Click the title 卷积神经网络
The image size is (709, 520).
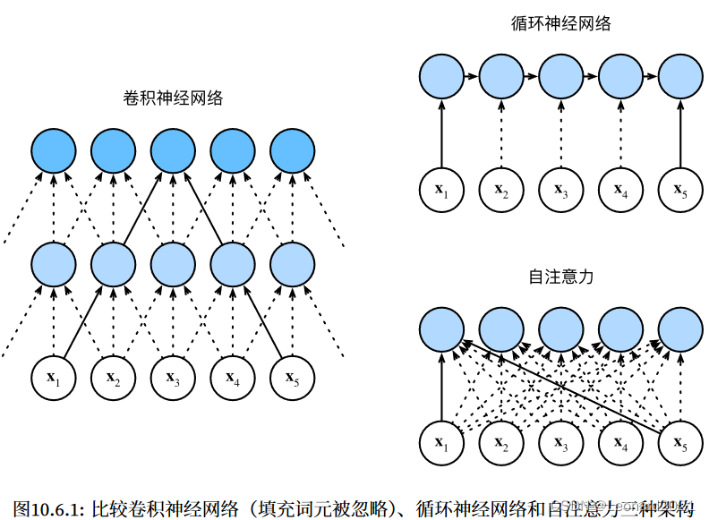pos(174,98)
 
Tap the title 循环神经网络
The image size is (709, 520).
pos(561,24)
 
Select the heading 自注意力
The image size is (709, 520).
pos(561,277)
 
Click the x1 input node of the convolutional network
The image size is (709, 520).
pos(54,379)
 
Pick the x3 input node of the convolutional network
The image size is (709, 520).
pos(173,379)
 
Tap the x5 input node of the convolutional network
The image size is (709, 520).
pos(292,379)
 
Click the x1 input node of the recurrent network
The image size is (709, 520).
pos(441,190)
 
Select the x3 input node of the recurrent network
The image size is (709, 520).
pos(561,190)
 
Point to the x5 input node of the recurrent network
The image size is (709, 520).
pos(680,190)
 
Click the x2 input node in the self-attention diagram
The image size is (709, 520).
pos(501,441)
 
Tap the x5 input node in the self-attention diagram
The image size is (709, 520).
pos(680,441)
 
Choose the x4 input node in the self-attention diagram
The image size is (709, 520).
pos(620,441)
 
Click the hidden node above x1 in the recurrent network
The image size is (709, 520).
pos(441,77)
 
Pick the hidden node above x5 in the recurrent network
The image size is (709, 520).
pos(680,77)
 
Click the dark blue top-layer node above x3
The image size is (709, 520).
pos(173,151)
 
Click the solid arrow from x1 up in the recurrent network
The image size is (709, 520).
pos(441,134)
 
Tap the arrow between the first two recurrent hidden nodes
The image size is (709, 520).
pos(471,77)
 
